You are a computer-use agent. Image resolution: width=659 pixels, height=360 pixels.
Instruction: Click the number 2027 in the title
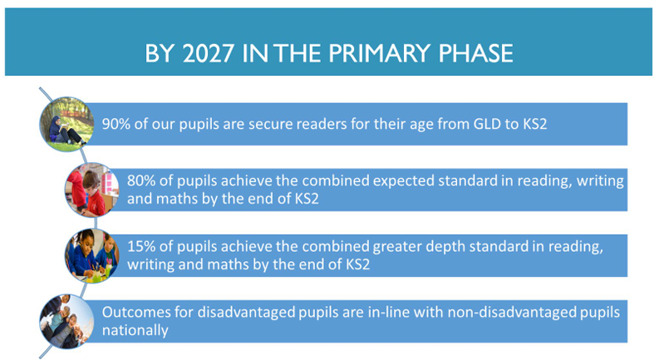(x=208, y=53)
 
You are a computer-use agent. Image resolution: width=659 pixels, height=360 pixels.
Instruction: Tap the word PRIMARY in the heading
(x=380, y=53)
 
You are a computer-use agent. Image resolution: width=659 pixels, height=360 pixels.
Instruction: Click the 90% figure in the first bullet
(x=116, y=124)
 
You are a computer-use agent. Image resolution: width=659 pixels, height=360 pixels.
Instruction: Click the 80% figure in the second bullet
(x=141, y=181)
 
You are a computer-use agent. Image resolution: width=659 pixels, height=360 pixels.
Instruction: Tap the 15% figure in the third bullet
(x=141, y=246)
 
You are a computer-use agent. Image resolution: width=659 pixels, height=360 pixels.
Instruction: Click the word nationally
(x=135, y=331)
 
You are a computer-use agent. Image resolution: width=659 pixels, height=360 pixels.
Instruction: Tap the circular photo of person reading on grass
(x=66, y=124)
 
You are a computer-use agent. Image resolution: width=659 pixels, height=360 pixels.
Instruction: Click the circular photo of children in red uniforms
(x=92, y=190)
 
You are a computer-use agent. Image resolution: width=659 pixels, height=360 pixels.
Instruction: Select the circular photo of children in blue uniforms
(x=92, y=255)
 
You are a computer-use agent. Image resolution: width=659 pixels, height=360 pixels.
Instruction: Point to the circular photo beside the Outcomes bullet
(x=66, y=321)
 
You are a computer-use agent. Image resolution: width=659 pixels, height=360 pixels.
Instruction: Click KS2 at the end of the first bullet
(x=535, y=124)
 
